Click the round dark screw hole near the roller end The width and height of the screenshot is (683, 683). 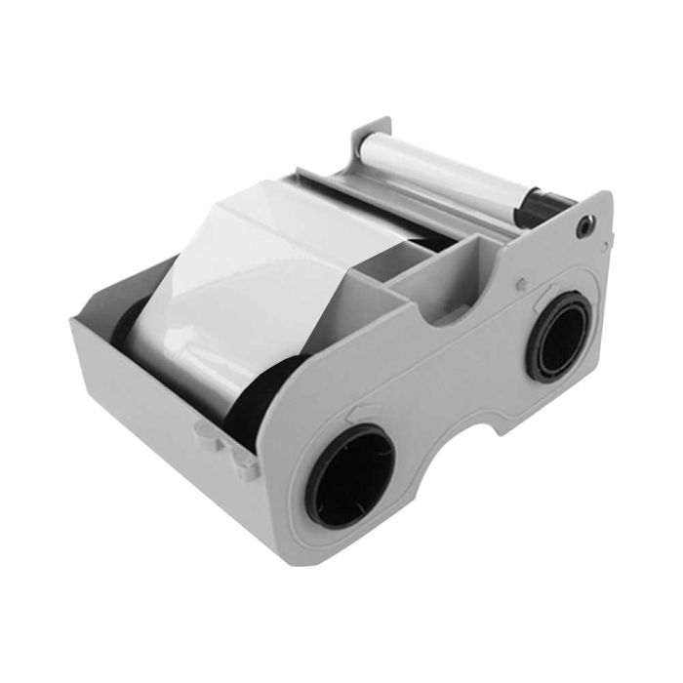tap(584, 225)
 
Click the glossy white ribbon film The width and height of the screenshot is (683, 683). tap(263, 283)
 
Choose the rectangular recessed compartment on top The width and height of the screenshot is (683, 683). tap(434, 268)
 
